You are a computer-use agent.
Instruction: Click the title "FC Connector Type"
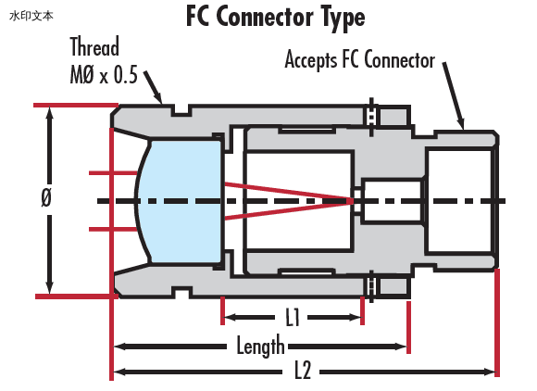click(x=276, y=17)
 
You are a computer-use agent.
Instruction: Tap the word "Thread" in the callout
click(x=94, y=46)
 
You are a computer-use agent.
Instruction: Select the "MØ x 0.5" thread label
click(x=104, y=74)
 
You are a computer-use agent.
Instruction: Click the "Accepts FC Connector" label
click(x=360, y=60)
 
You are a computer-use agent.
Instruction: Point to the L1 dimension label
click(x=293, y=317)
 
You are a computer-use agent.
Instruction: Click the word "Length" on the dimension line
click(x=260, y=346)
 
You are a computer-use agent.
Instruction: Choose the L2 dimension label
click(x=303, y=371)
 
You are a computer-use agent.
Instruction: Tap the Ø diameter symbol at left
click(x=46, y=197)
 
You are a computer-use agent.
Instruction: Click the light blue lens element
click(x=180, y=201)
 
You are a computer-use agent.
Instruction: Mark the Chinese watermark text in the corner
click(x=31, y=16)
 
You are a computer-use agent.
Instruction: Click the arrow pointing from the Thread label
click(x=153, y=87)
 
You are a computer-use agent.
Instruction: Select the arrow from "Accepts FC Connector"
click(x=454, y=96)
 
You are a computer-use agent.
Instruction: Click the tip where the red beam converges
click(x=353, y=201)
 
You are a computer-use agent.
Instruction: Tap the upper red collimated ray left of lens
click(x=113, y=173)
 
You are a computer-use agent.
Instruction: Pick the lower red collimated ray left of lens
click(x=113, y=229)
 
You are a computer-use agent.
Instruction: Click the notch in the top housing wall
click(x=181, y=110)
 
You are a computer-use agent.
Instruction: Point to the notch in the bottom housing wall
click(x=181, y=292)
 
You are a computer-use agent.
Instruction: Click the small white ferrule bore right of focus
click(x=393, y=201)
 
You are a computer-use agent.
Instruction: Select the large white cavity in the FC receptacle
click(x=461, y=201)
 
